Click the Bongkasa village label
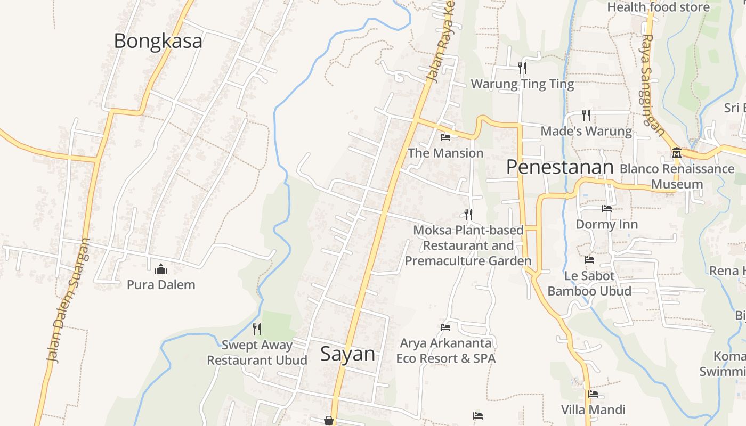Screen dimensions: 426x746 (158, 41)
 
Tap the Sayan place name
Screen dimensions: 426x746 (347, 354)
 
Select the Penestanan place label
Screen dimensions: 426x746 (560, 167)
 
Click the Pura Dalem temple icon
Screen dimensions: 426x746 (160, 269)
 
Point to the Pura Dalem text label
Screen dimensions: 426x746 (161, 284)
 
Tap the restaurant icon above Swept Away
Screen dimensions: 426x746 (257, 329)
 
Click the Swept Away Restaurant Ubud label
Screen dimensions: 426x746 (257, 353)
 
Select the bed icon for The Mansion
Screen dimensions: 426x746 (445, 137)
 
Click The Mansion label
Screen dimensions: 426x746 (445, 153)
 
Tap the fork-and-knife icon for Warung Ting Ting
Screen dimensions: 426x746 (522, 68)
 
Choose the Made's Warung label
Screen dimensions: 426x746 (586, 131)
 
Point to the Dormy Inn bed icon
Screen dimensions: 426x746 (606, 209)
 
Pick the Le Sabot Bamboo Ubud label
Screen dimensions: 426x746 (589, 283)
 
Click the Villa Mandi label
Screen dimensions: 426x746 (593, 409)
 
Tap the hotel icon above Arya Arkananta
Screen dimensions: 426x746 (445, 327)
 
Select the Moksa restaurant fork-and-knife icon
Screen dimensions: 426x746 (468, 214)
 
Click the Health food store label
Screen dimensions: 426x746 (658, 7)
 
